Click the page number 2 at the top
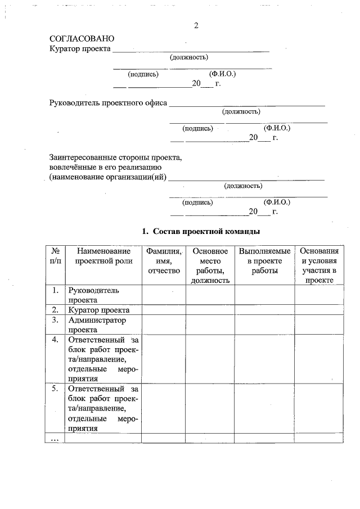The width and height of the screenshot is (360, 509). (x=196, y=26)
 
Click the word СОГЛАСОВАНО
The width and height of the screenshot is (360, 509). (x=82, y=39)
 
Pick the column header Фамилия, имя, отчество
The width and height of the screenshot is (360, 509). (x=163, y=261)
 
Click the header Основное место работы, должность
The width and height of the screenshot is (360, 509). (x=210, y=265)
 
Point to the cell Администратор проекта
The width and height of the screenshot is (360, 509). (x=97, y=325)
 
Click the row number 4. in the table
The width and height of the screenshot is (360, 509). (x=55, y=340)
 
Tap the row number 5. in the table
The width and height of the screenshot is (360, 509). (x=55, y=389)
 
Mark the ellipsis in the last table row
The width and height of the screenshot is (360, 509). (x=55, y=438)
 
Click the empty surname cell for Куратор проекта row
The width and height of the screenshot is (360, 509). (x=163, y=310)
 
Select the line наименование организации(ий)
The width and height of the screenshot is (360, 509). (x=108, y=177)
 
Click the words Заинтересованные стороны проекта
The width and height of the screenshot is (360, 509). (x=115, y=157)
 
